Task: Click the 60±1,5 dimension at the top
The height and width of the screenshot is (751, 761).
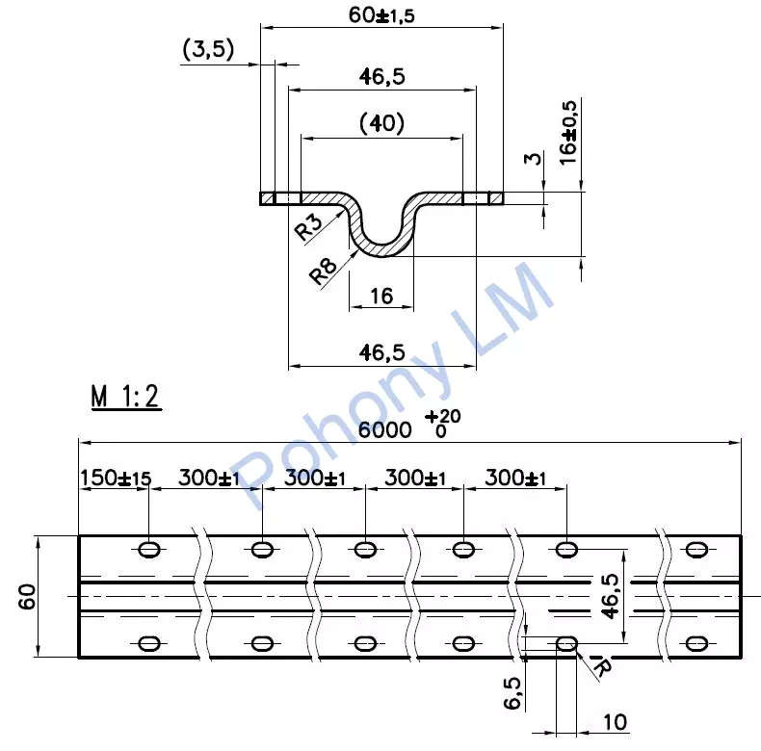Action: [381, 15]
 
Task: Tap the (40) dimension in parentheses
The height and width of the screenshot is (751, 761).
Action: [381, 123]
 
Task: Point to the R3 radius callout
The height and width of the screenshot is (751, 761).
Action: [308, 226]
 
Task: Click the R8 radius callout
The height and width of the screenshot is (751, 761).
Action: [323, 271]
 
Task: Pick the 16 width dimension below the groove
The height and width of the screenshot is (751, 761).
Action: [381, 296]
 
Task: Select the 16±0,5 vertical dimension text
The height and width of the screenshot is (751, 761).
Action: [567, 133]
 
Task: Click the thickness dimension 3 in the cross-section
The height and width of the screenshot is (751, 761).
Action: [533, 158]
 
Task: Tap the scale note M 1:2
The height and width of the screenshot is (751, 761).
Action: [125, 397]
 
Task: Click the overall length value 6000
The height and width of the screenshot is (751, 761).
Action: [385, 429]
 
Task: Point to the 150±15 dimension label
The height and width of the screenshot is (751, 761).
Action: [116, 478]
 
